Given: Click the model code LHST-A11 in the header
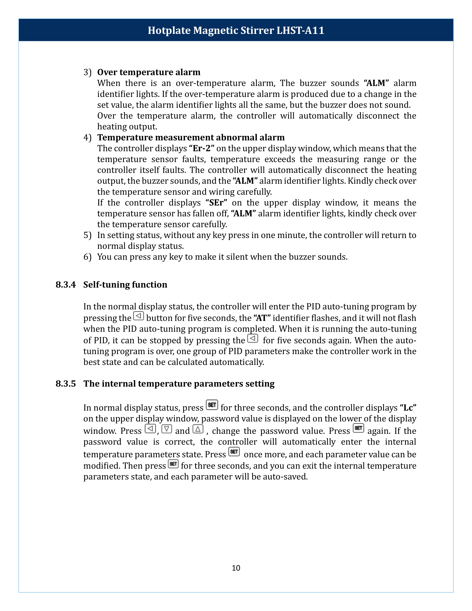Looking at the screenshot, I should pos(300,30).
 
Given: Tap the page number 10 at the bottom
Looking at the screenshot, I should pos(236,568).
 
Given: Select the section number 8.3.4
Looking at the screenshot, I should pos(66,284).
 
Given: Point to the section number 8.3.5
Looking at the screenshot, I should pos(66,384).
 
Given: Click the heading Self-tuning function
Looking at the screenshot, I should pos(125,284).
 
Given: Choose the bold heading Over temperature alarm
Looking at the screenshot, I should pos(149,72).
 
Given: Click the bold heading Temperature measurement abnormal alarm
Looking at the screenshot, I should pos(191,137).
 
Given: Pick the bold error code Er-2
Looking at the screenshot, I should pos(202,148).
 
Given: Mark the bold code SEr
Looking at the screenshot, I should pos(216,202).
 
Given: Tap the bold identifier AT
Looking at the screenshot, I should pos(262,318).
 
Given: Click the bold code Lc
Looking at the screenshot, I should pos(408,408).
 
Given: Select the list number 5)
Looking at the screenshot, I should pos(87,235).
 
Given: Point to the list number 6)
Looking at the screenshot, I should pos(87,257).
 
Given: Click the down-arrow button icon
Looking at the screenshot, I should pos(167,429).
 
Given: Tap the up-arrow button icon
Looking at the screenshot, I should pos(198,429).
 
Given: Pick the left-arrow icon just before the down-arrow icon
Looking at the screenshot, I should pos(150,429).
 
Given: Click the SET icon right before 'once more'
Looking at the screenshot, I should pos(234,452).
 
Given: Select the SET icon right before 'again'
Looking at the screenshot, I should pos(358,428).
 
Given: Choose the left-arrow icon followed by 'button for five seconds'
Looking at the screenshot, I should pos(139,316).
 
